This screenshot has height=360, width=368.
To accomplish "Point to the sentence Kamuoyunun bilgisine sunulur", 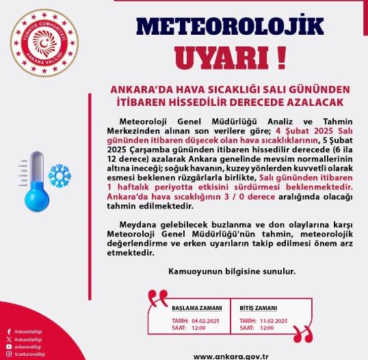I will point(232,271).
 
